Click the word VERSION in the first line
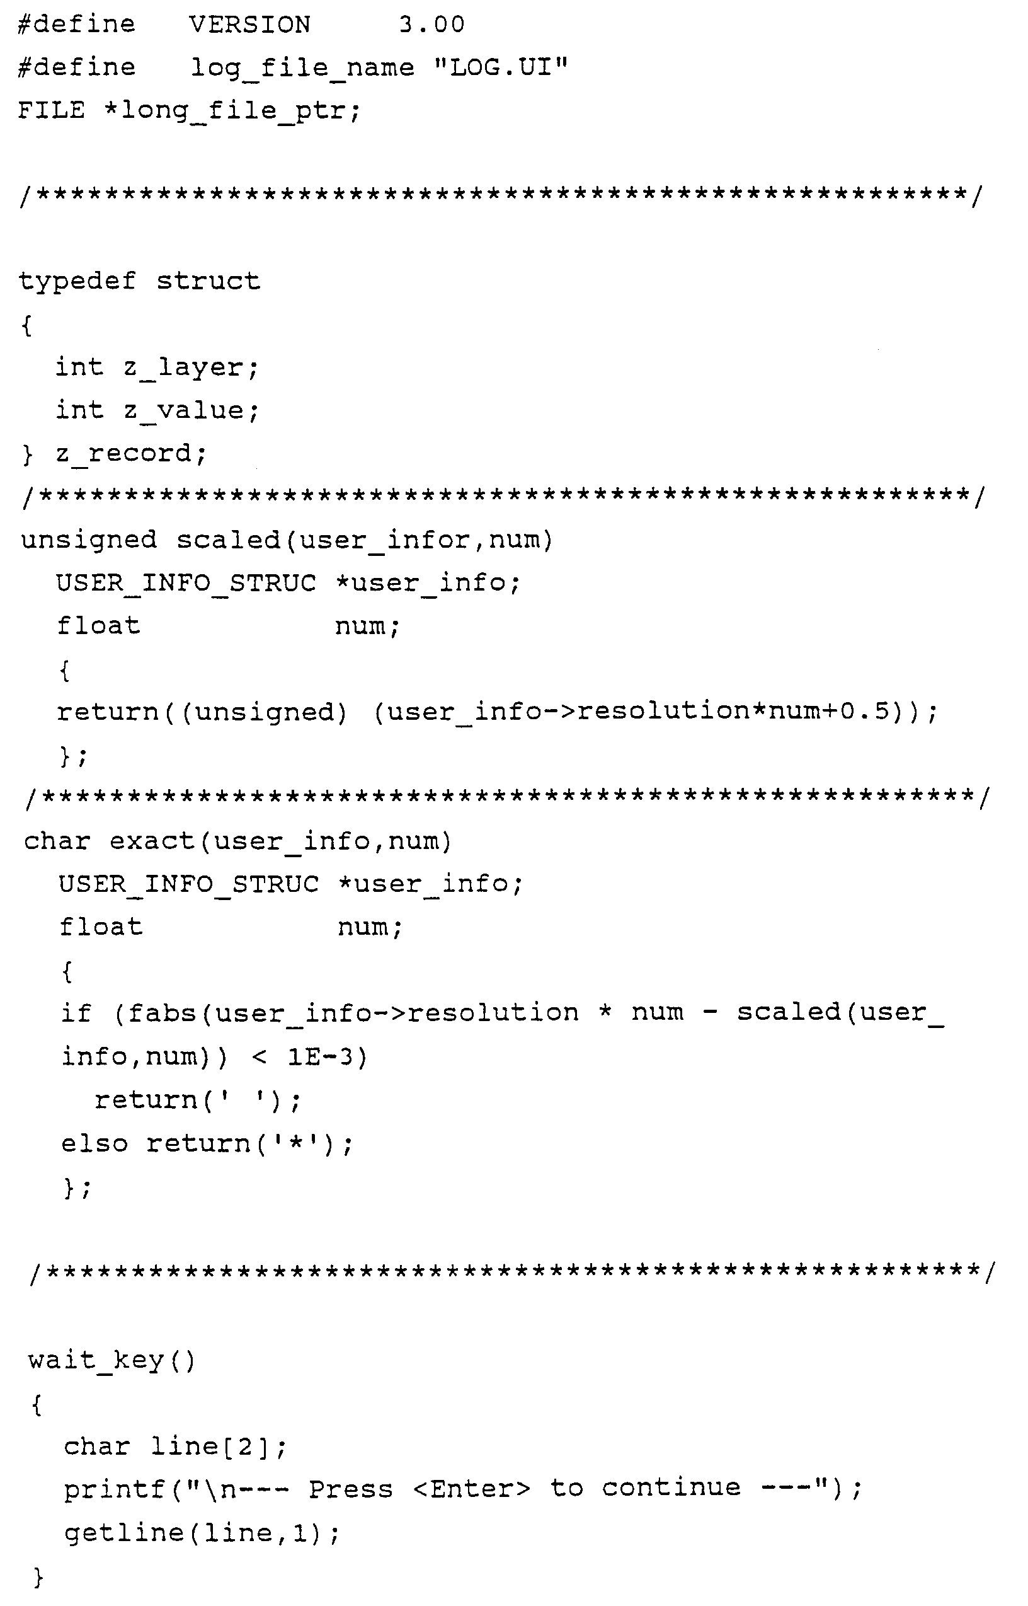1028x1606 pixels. point(249,25)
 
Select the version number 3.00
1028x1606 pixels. point(431,25)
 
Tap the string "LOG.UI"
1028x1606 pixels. point(500,67)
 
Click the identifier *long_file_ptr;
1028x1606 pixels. point(232,111)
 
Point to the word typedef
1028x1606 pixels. point(77,281)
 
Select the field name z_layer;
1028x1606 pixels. point(191,368)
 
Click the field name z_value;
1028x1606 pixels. point(191,411)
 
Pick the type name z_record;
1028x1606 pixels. point(132,454)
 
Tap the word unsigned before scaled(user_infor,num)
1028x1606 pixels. point(89,540)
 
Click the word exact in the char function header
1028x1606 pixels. point(152,841)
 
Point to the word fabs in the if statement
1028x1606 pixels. point(163,1014)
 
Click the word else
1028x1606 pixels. point(94,1144)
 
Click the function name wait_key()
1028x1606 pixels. point(111,1360)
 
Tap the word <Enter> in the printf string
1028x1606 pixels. point(471,1489)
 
